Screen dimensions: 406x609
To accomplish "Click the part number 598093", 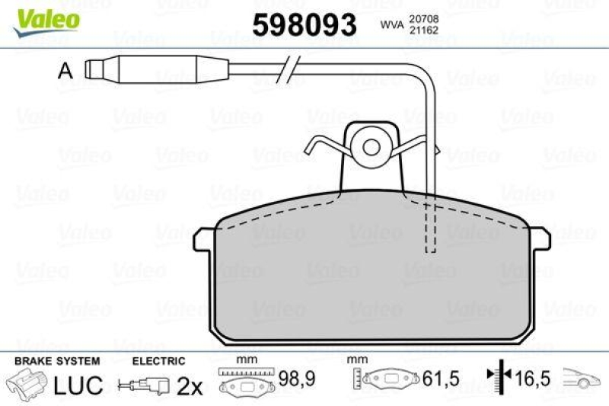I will click(x=304, y=25).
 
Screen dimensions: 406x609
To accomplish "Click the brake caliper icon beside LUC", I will click(x=27, y=383).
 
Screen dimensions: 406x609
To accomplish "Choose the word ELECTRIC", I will click(x=158, y=361).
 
